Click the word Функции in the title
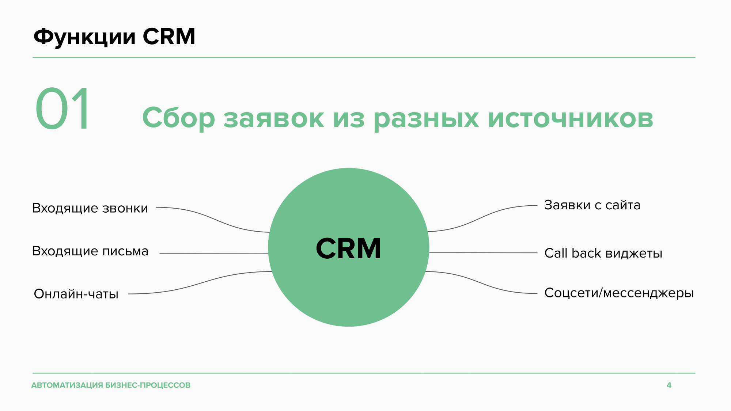click(x=84, y=37)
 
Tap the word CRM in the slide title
click(x=169, y=37)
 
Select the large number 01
click(x=62, y=109)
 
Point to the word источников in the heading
click(x=571, y=118)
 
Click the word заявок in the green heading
click(x=274, y=119)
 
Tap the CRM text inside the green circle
click(x=348, y=248)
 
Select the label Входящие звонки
click(x=90, y=208)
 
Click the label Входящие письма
click(x=90, y=251)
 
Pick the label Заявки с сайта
click(x=592, y=205)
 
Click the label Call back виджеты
click(x=603, y=253)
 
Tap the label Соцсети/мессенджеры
click(x=619, y=293)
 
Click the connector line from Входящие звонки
click(x=213, y=220)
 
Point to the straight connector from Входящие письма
click(x=214, y=253)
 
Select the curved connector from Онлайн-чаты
click(x=200, y=283)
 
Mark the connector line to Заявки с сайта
click(x=482, y=218)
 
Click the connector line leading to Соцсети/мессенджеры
click(x=481, y=282)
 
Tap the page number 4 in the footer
click(x=669, y=385)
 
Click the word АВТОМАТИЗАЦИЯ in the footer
click(x=67, y=385)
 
